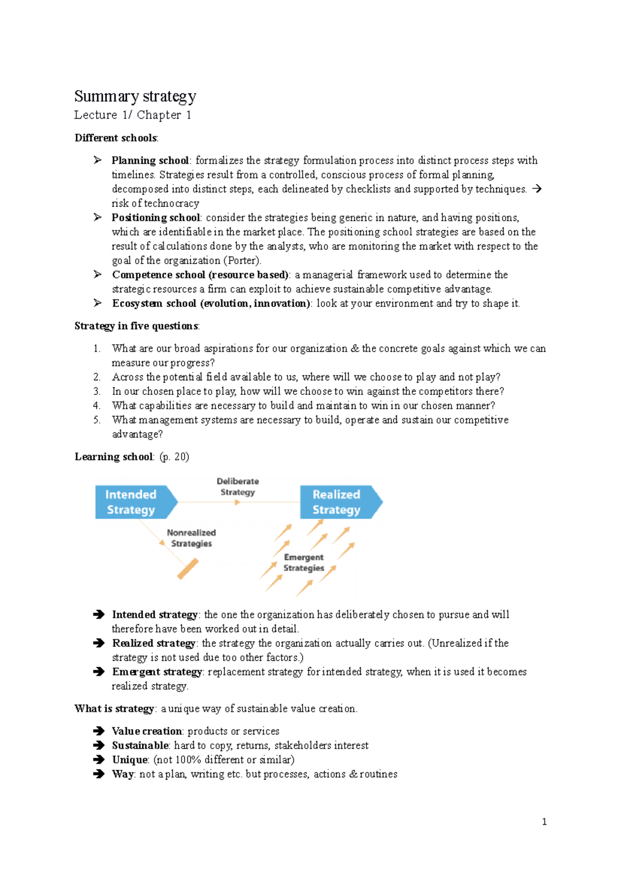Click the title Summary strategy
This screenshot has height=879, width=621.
pyautogui.click(x=135, y=97)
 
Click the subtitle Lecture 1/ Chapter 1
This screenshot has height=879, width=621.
pyautogui.click(x=132, y=115)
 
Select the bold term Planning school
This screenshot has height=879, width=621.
pyautogui.click(x=150, y=160)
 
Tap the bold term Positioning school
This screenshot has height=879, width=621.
pyautogui.click(x=156, y=217)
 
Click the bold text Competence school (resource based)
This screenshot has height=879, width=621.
pyautogui.click(x=200, y=274)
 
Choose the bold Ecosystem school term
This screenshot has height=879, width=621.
pyautogui.click(x=211, y=303)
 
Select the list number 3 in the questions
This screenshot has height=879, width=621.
pyautogui.click(x=97, y=391)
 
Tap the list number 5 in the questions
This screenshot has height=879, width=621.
pyautogui.click(x=97, y=420)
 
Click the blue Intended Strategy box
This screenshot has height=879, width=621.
pyautogui.click(x=132, y=502)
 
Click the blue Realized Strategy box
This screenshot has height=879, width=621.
pyautogui.click(x=337, y=502)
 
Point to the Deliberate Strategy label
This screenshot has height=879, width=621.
pyautogui.click(x=238, y=487)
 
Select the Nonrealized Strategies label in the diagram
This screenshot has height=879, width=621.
pyautogui.click(x=191, y=538)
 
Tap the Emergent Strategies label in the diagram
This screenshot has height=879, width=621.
pyautogui.click(x=304, y=562)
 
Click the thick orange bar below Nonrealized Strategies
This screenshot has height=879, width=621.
pyautogui.click(x=188, y=569)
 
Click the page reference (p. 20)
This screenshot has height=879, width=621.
pyautogui.click(x=174, y=457)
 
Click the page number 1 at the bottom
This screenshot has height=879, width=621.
pyautogui.click(x=544, y=822)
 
